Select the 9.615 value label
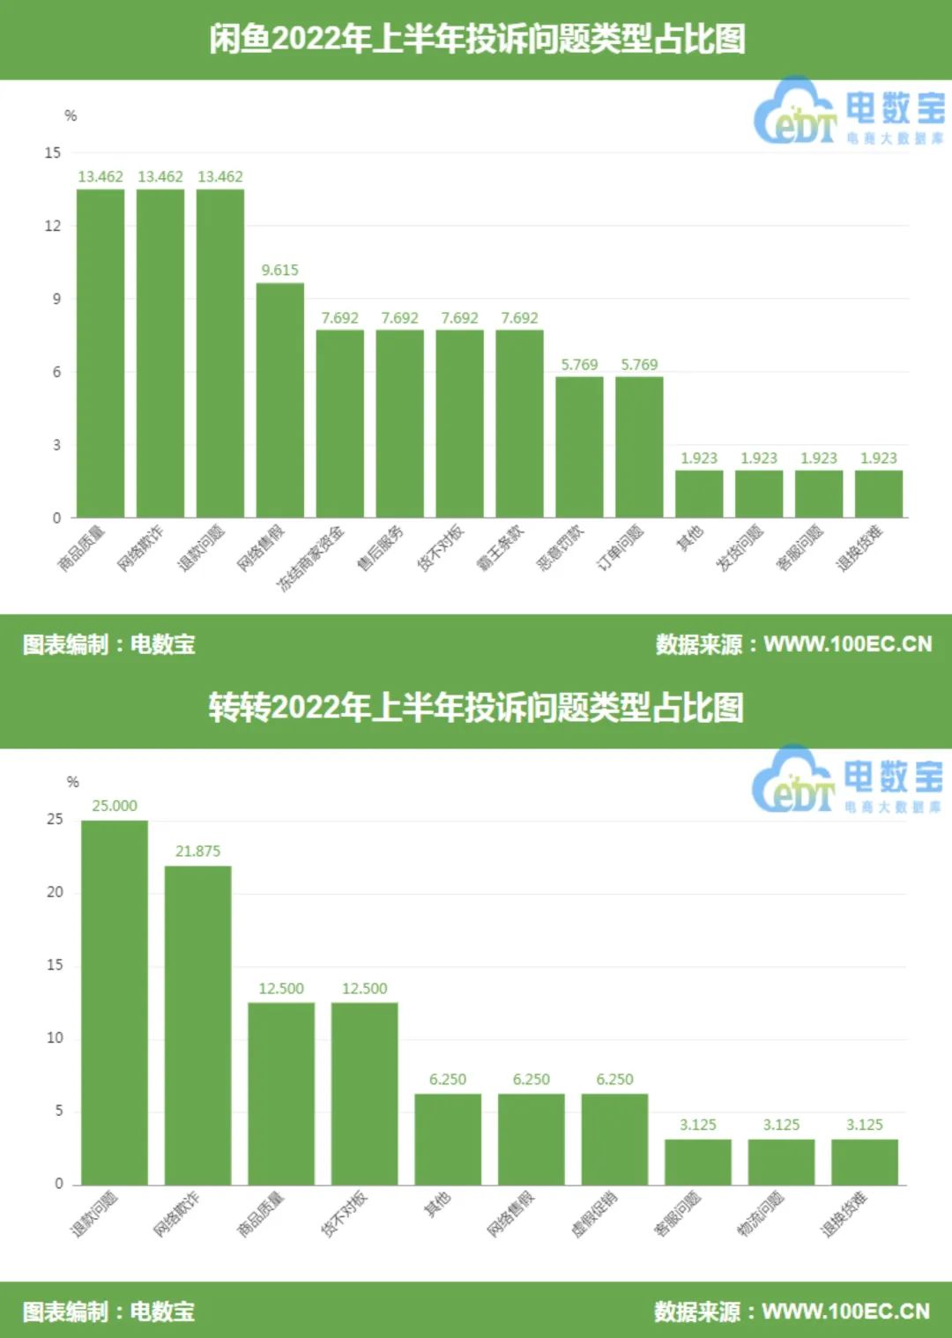[280, 270]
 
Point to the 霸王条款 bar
[519, 423]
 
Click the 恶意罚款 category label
[562, 547]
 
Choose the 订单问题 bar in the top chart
[639, 446]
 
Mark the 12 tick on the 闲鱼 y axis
[53, 226]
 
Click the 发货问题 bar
[759, 494]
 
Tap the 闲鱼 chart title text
[477, 39]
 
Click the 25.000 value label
[115, 806]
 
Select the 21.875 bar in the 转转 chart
[198, 1024]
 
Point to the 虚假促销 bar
[614, 1139]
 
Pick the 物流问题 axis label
[761, 1213]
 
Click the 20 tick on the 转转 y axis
[55, 892]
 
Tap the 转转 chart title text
[477, 707]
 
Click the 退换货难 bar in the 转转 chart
[865, 1162]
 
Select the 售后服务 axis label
[381, 546]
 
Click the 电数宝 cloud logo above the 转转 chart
[793, 779]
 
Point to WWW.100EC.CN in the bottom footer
[845, 1312]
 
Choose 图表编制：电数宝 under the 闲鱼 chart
[109, 644]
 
